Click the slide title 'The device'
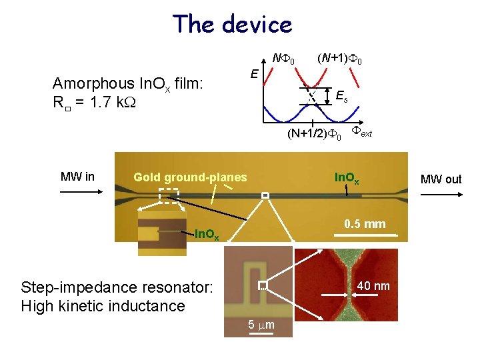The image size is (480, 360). click(x=232, y=24)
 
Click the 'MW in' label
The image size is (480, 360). click(x=77, y=177)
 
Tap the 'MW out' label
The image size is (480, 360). click(x=441, y=179)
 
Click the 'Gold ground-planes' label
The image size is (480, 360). click(x=190, y=177)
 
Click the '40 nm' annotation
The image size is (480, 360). click(x=373, y=286)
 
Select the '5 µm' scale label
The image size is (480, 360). click(x=261, y=325)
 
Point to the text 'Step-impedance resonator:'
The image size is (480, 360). click(x=117, y=287)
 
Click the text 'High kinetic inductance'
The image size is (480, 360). click(x=103, y=306)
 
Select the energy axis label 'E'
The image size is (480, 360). click(x=254, y=72)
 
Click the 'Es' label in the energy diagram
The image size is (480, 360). click(x=341, y=97)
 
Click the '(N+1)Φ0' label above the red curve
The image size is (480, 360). click(x=339, y=59)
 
